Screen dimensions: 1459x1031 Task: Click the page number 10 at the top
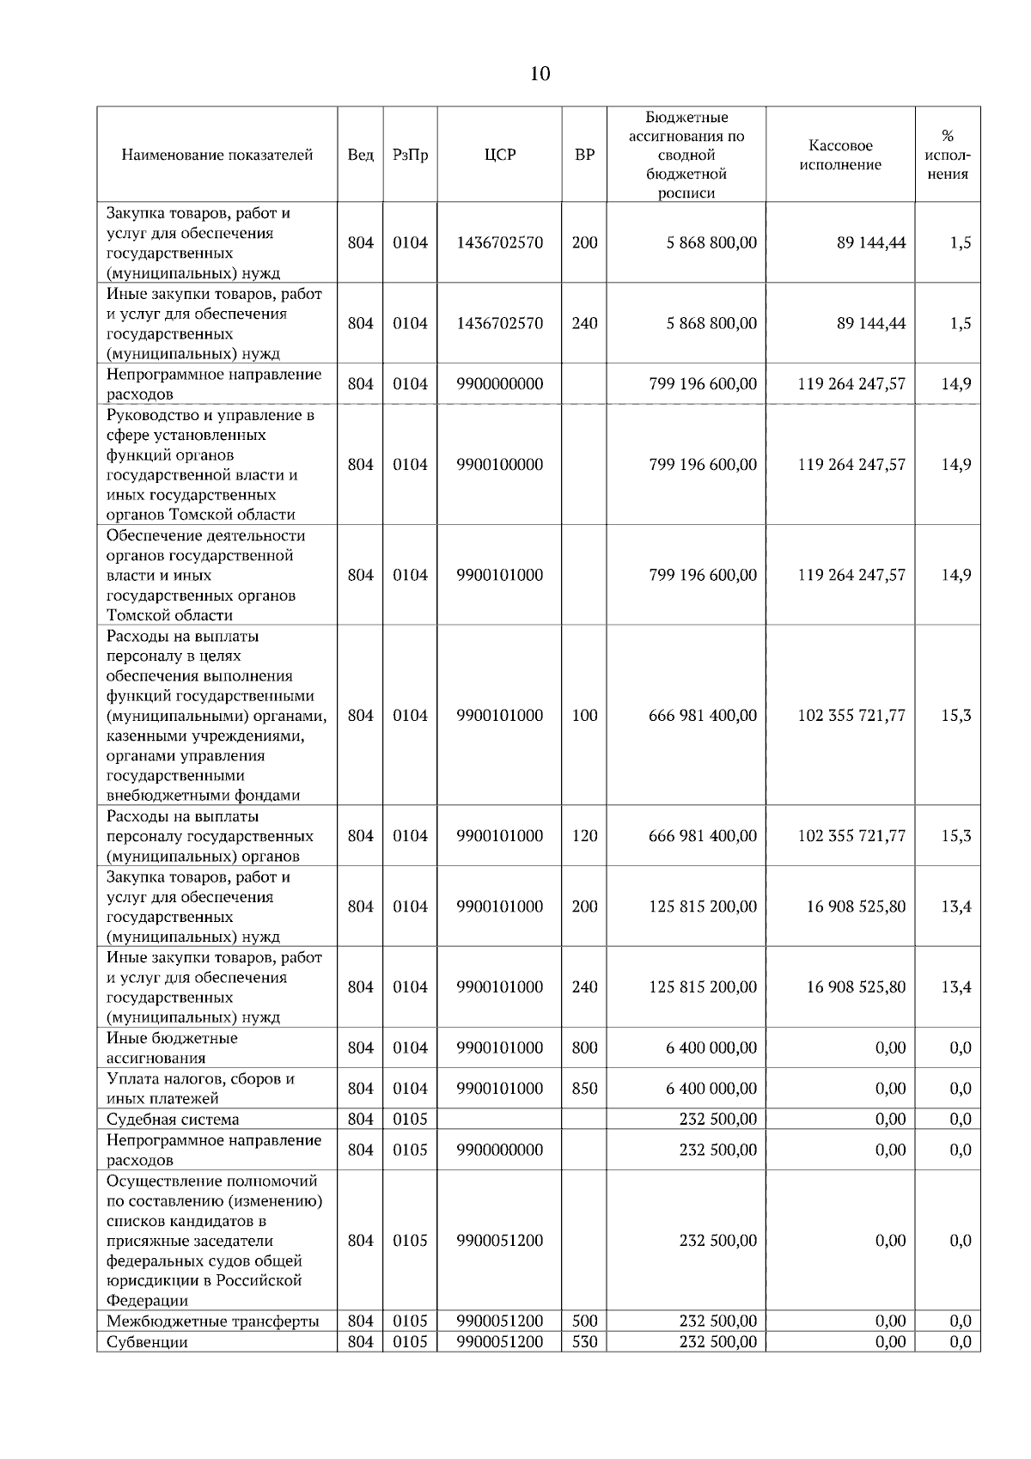(x=540, y=74)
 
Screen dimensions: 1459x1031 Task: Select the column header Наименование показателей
(x=217, y=156)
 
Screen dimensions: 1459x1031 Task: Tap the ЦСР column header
(x=499, y=156)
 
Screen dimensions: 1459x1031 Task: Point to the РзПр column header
(x=410, y=156)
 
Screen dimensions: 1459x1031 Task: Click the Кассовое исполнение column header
(x=839, y=156)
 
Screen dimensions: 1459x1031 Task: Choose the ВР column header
(x=584, y=156)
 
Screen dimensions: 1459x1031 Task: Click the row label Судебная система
(x=173, y=1119)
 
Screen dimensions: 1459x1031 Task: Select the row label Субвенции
(x=146, y=1341)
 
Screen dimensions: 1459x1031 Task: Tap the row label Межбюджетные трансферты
(x=212, y=1321)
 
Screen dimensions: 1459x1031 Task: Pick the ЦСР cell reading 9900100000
(x=499, y=465)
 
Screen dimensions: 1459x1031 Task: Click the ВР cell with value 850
(x=584, y=1089)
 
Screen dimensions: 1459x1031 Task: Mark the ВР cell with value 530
(x=584, y=1341)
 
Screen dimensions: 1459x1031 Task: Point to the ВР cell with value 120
(x=584, y=836)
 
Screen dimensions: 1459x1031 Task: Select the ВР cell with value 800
(x=584, y=1048)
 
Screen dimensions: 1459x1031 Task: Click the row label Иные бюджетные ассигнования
(x=172, y=1048)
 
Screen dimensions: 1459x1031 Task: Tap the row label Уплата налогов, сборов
(x=200, y=1089)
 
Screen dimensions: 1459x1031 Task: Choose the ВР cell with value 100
(x=584, y=716)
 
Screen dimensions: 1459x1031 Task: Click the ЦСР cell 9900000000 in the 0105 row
(x=499, y=1150)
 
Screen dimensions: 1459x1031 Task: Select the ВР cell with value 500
(x=584, y=1321)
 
